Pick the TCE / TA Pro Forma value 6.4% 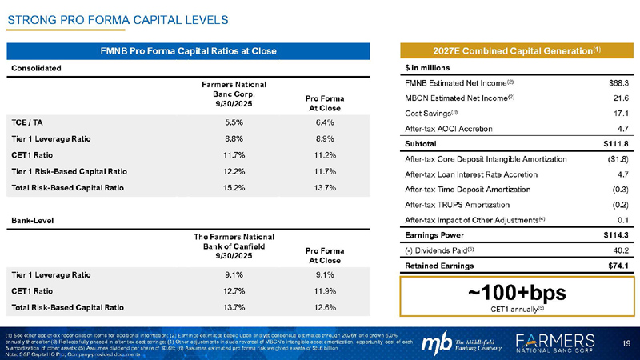(x=325, y=122)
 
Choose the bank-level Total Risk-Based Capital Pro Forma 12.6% (x=325, y=306)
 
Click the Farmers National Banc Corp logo (x=560, y=340)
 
